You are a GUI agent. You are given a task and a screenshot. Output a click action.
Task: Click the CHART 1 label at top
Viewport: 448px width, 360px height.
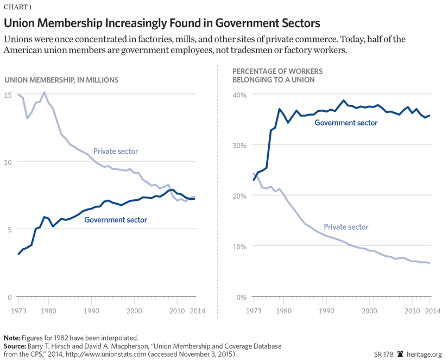[18, 7]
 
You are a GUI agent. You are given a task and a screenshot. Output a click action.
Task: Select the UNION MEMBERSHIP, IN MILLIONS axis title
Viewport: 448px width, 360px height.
[61, 80]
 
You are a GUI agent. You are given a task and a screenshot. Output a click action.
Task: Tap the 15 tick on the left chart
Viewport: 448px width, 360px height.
[8, 95]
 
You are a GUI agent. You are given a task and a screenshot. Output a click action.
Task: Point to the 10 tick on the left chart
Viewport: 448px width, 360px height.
[8, 162]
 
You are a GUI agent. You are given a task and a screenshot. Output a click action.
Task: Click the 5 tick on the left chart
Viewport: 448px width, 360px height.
[9, 229]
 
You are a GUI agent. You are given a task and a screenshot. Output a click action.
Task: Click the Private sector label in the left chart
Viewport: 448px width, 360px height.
[116, 151]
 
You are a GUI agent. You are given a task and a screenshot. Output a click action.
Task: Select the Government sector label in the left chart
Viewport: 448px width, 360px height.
[116, 220]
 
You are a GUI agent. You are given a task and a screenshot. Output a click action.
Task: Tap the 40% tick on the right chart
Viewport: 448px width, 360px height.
[239, 94]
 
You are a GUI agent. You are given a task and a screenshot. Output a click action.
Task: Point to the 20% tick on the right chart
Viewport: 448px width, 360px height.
[239, 195]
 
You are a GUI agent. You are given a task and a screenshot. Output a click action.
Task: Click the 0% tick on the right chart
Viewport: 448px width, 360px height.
[242, 297]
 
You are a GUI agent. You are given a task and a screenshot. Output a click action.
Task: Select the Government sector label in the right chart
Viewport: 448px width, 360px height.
[346, 123]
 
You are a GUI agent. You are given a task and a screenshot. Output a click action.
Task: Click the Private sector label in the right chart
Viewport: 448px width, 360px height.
[346, 227]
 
